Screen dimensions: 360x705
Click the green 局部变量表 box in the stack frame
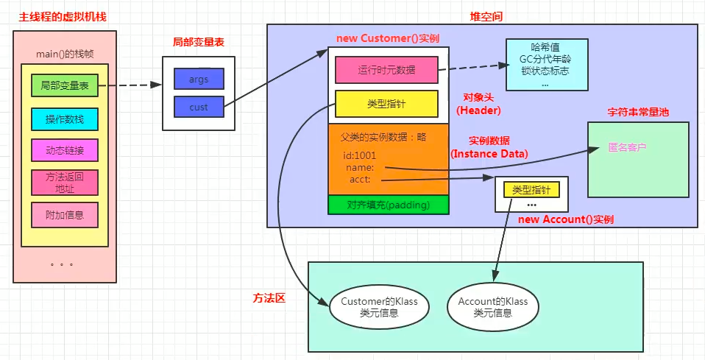click(x=65, y=85)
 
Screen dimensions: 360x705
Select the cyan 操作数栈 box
click(x=65, y=119)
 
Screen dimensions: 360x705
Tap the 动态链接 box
click(x=65, y=151)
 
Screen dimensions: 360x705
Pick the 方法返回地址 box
click(x=65, y=183)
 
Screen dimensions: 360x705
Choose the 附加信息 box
click(x=65, y=215)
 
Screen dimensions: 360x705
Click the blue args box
click(x=199, y=79)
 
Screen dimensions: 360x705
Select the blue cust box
click(x=199, y=107)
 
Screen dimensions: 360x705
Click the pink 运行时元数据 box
click(x=386, y=70)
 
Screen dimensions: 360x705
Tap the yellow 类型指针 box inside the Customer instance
click(x=386, y=104)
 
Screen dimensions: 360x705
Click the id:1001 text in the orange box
click(x=359, y=155)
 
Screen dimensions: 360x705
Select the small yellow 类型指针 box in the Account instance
click(x=531, y=189)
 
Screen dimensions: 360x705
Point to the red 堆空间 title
click(x=486, y=16)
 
